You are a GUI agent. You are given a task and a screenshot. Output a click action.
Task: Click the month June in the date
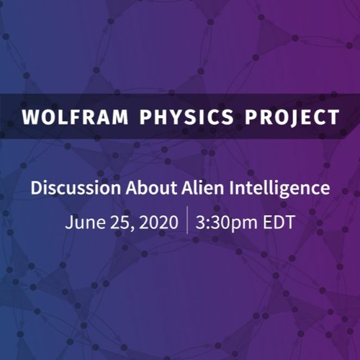click(x=81, y=222)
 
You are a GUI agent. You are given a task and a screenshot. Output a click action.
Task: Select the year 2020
click(x=156, y=222)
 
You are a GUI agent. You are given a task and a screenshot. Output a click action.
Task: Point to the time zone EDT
click(x=278, y=222)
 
